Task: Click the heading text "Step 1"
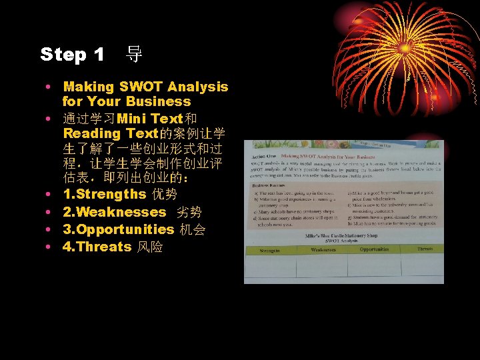(x=72, y=55)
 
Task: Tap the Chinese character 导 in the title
(x=134, y=55)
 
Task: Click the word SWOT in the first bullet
(x=141, y=87)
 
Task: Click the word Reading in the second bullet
(x=92, y=133)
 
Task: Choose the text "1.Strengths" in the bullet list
(x=104, y=195)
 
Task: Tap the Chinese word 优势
(x=165, y=195)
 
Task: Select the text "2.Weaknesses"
(x=114, y=212)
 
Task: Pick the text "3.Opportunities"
(x=119, y=229)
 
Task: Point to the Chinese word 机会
(x=192, y=229)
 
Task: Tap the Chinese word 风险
(x=150, y=247)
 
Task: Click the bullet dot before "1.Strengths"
(x=50, y=195)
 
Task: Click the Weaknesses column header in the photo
(x=323, y=250)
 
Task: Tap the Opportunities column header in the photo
(x=374, y=249)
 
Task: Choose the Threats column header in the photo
(x=425, y=249)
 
